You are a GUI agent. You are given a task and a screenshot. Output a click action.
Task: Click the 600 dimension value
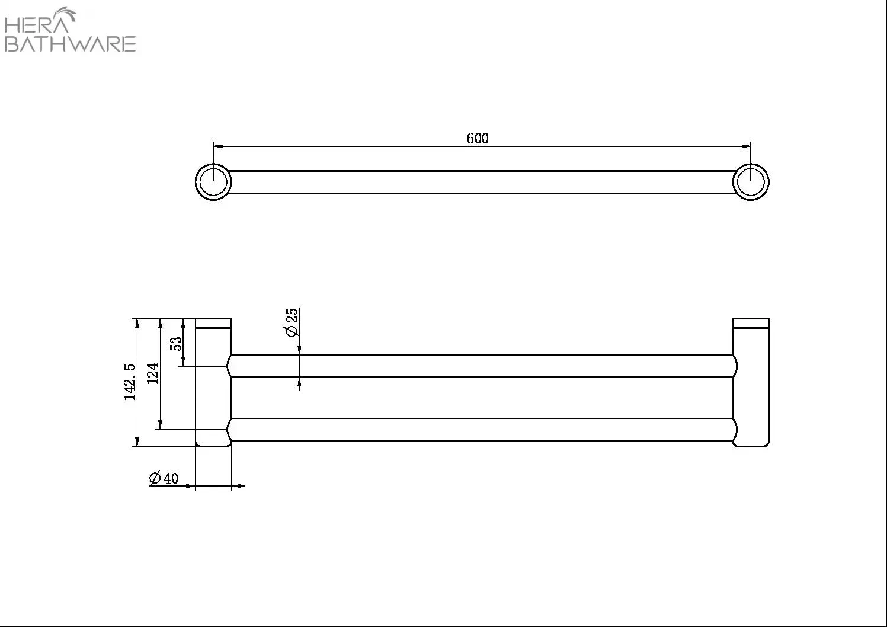click(x=478, y=138)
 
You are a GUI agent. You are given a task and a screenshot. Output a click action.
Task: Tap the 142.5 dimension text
click(x=130, y=382)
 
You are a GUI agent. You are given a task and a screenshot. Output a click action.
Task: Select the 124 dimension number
click(x=153, y=373)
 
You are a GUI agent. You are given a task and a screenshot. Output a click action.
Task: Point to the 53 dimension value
click(x=176, y=343)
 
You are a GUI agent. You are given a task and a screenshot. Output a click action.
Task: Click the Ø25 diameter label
click(x=291, y=322)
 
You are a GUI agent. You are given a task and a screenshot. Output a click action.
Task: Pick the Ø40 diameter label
click(x=164, y=478)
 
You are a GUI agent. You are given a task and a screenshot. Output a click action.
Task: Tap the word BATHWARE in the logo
click(x=71, y=44)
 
